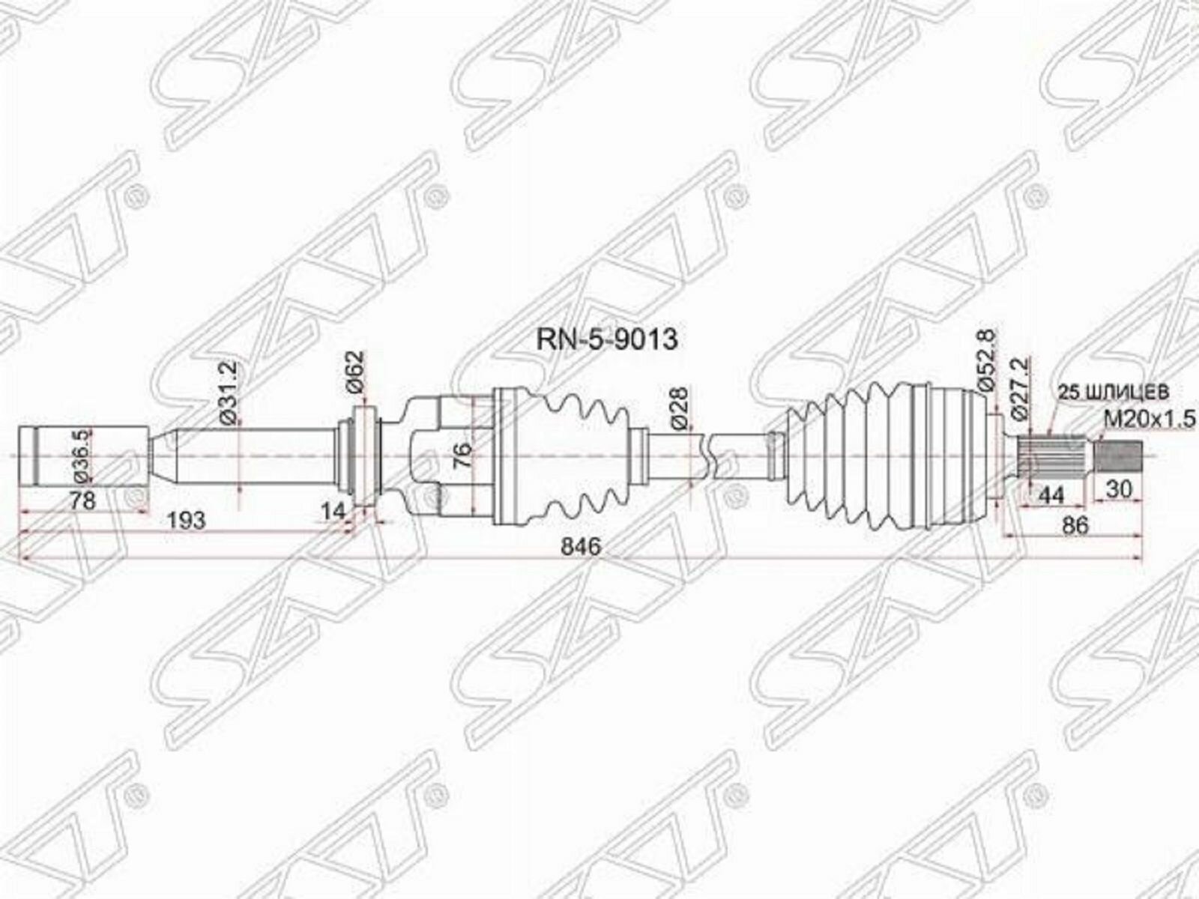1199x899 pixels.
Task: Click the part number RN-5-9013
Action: tap(607, 339)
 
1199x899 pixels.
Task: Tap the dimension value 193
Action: tap(185, 519)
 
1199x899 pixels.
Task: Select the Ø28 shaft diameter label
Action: tap(680, 411)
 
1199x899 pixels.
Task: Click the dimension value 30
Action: tap(1119, 490)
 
